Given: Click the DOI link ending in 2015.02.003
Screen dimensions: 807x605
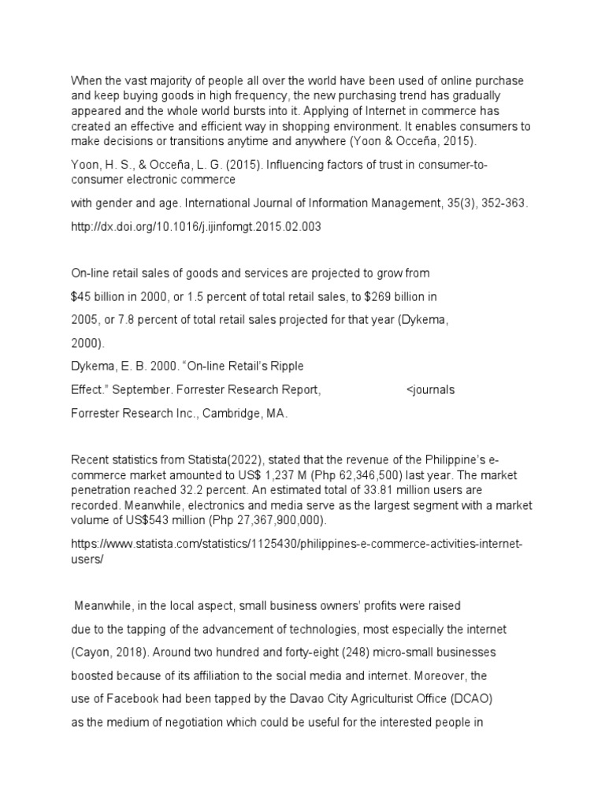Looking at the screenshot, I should (x=196, y=227).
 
